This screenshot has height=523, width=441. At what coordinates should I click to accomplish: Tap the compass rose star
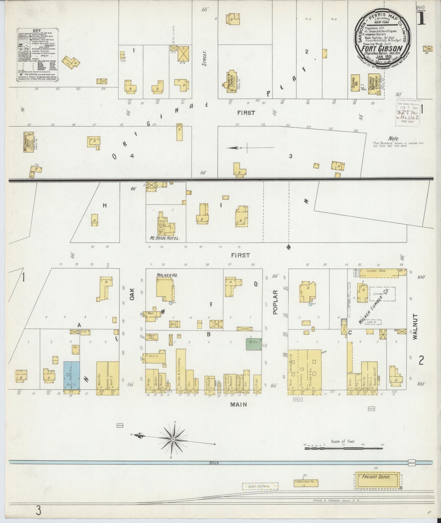(x=173, y=439)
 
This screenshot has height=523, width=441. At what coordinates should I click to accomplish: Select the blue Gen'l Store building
(x=72, y=376)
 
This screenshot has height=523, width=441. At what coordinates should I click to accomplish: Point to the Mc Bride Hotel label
(x=164, y=238)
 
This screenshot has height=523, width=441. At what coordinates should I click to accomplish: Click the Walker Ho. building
(x=165, y=289)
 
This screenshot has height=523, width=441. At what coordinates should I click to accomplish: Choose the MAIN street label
(x=241, y=405)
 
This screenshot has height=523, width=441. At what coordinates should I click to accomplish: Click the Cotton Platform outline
(x=260, y=486)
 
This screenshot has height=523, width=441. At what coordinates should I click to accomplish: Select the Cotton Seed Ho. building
(x=306, y=483)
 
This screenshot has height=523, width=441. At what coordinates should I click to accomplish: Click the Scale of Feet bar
(x=343, y=448)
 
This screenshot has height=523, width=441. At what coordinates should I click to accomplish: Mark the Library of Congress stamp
(x=408, y=112)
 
